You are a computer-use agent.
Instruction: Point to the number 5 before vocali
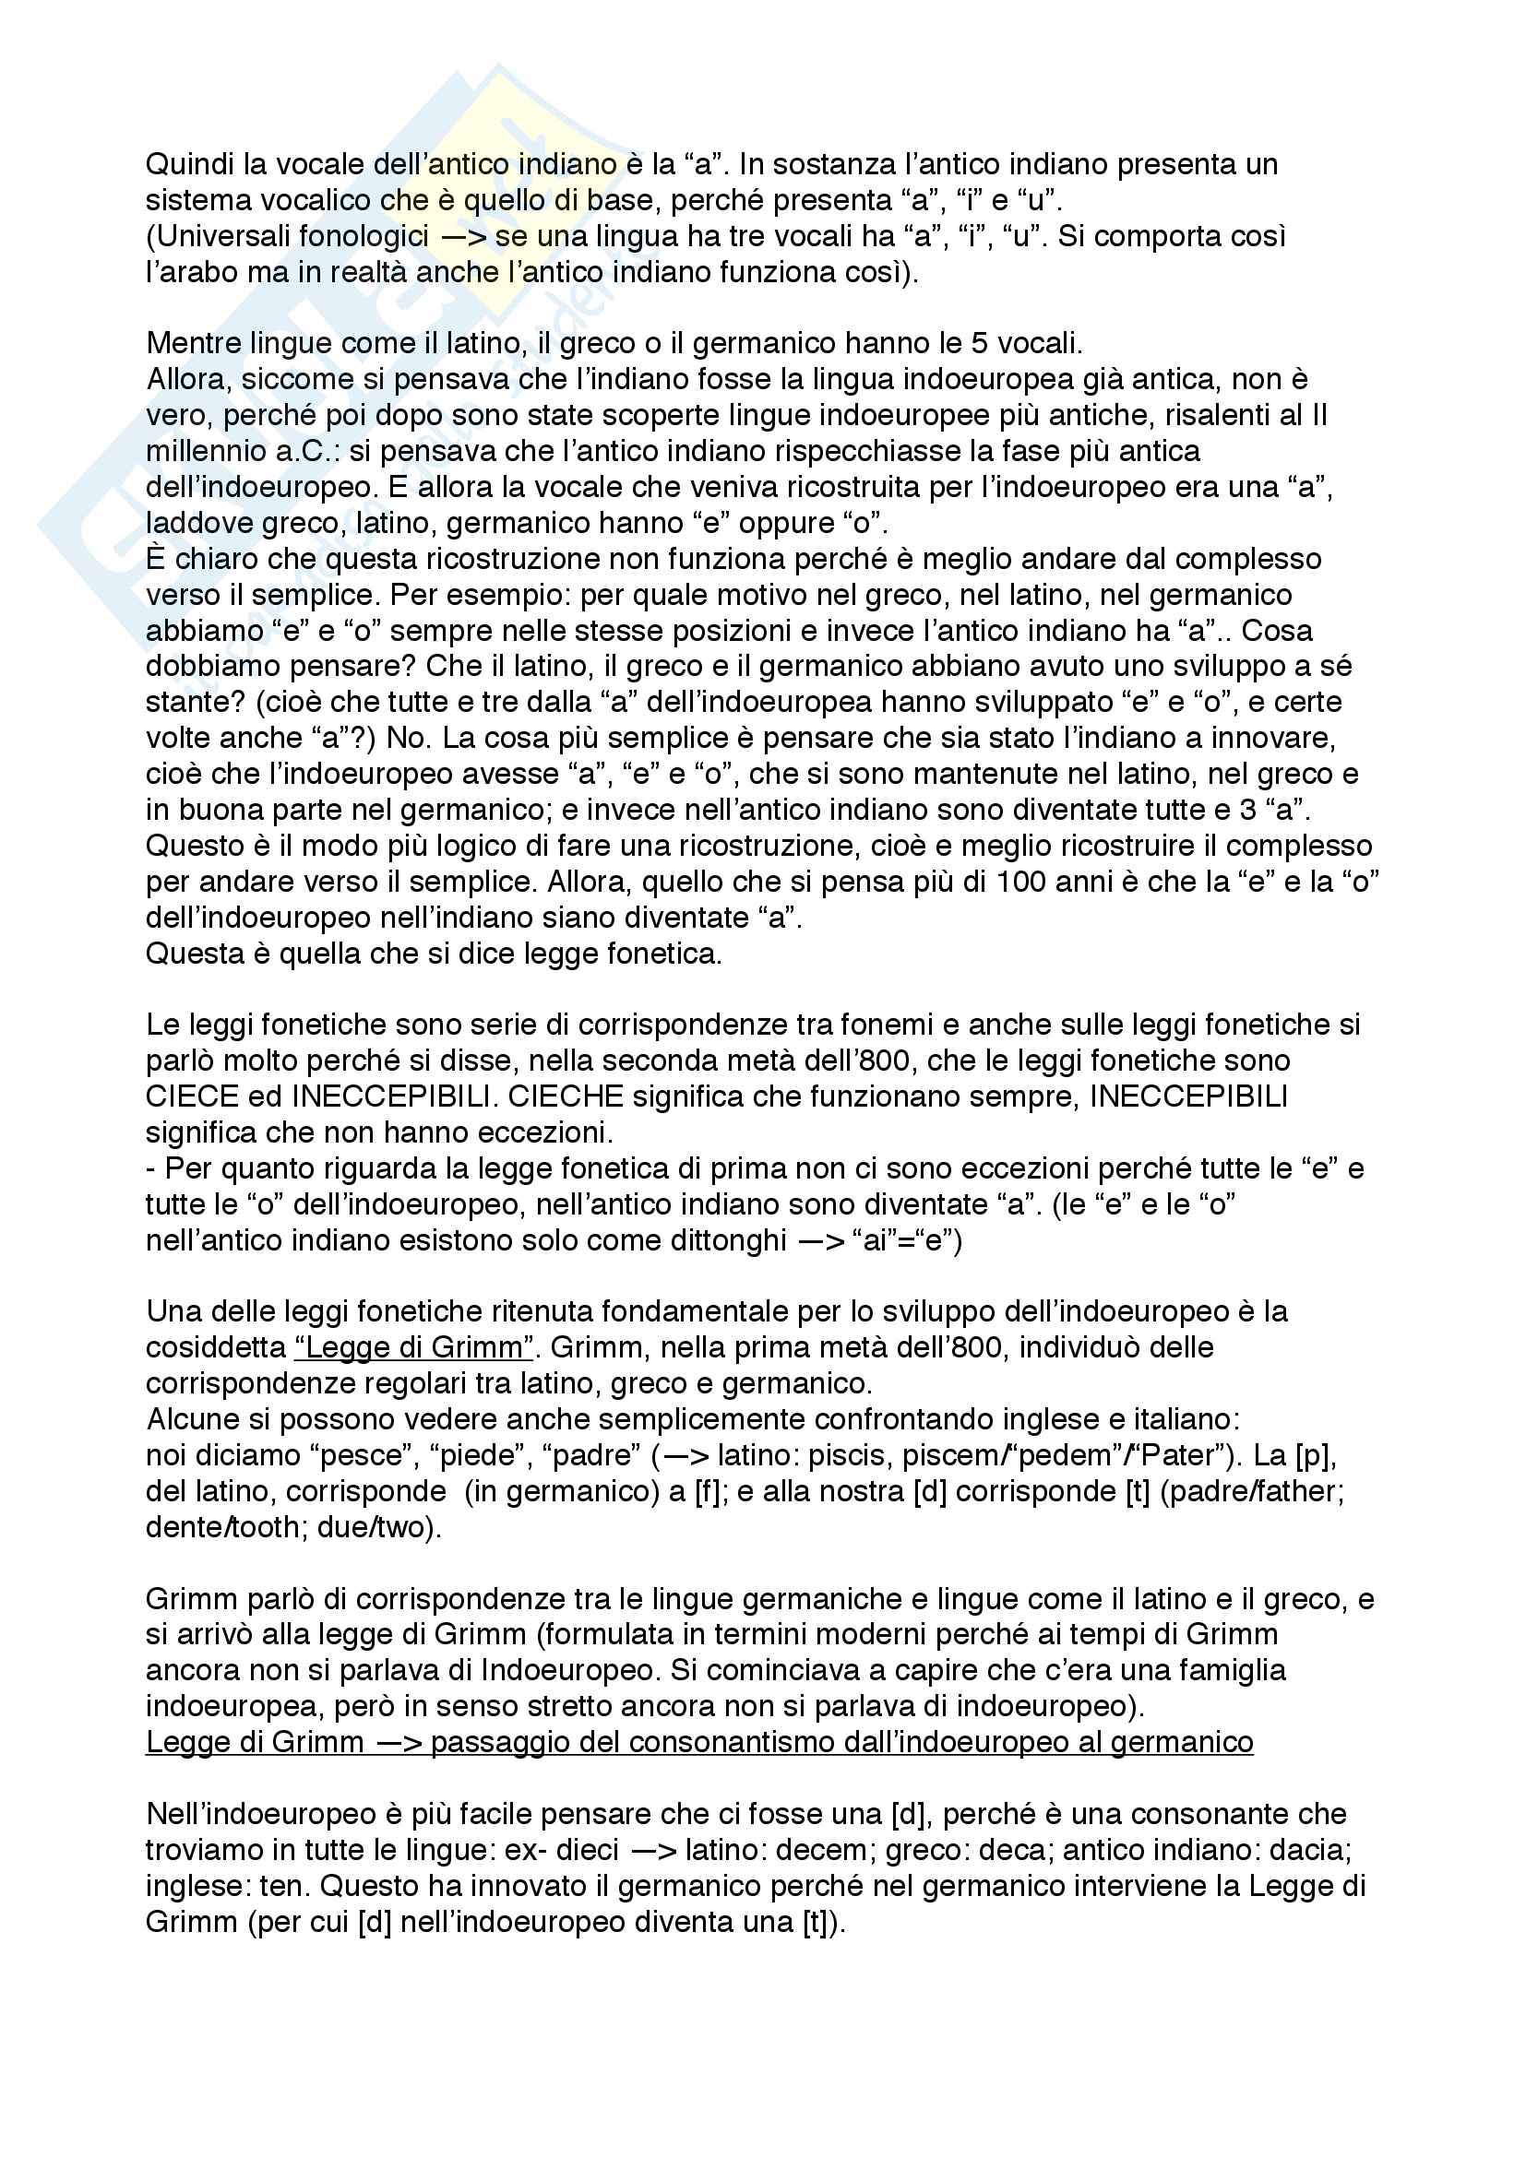[979, 343]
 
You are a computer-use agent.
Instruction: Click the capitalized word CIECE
[193, 1096]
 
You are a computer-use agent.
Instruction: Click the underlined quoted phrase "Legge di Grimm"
[414, 1347]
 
